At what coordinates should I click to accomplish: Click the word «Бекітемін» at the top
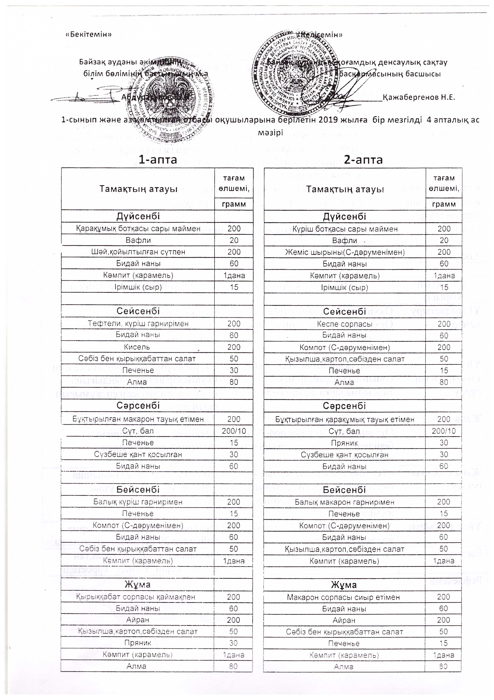[89, 34]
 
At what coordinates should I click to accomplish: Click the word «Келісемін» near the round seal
[320, 35]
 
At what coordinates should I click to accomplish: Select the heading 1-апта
[157, 159]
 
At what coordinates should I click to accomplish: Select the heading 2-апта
[363, 159]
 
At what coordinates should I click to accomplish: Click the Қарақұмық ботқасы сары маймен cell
[138, 229]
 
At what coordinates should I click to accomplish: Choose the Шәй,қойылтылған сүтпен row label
[138, 252]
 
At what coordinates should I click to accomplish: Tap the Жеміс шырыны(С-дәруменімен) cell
[345, 252]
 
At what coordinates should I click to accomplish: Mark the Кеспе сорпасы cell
[344, 324]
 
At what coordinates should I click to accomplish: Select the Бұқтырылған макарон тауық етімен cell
[138, 419]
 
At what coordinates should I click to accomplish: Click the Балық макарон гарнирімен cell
[344, 502]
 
